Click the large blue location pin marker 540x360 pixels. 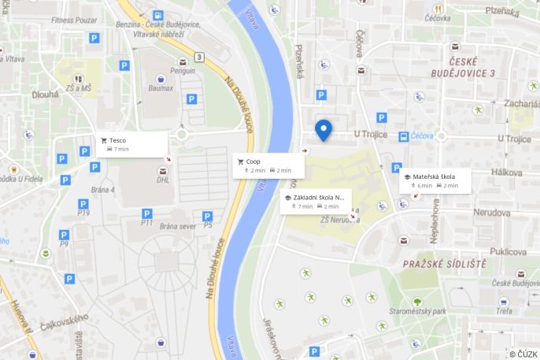point(323,129)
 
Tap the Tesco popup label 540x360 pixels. point(117,140)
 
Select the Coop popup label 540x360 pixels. point(253,161)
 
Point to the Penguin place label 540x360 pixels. point(183,71)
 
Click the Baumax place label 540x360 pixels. point(161,87)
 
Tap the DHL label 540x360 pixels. point(163,180)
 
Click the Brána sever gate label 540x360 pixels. point(177,226)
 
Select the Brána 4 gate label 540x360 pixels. point(102,190)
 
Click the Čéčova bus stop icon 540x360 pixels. point(404,136)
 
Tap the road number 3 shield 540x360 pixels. point(199,57)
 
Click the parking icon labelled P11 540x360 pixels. point(146,213)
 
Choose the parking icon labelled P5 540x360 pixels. point(207,216)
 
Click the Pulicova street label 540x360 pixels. point(508,251)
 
